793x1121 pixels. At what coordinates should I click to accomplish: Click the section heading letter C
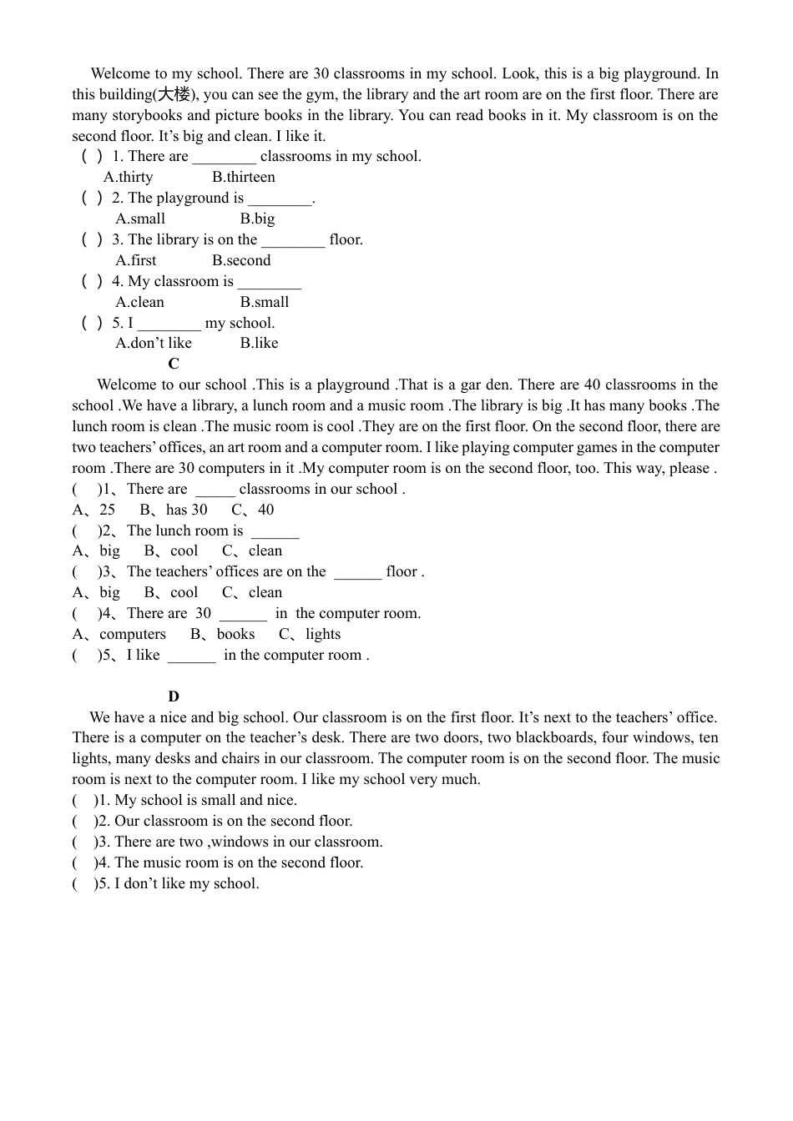click(174, 364)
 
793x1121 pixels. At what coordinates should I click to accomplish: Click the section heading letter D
click(174, 696)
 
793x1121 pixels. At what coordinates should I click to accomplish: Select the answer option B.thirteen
click(243, 177)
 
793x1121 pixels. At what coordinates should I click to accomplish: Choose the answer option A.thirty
click(129, 177)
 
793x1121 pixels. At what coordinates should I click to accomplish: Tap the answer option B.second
click(241, 260)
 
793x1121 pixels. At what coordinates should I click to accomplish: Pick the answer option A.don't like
click(154, 343)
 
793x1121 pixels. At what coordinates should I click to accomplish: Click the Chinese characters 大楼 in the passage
click(174, 94)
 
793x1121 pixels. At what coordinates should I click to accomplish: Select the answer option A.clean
click(140, 302)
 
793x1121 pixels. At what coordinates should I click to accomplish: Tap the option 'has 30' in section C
click(186, 510)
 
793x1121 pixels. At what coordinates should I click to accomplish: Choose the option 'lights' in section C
click(323, 634)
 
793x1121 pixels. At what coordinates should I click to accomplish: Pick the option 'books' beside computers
click(235, 634)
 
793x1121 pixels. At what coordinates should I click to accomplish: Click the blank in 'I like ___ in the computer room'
click(192, 656)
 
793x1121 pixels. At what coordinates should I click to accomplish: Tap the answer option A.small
click(140, 219)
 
